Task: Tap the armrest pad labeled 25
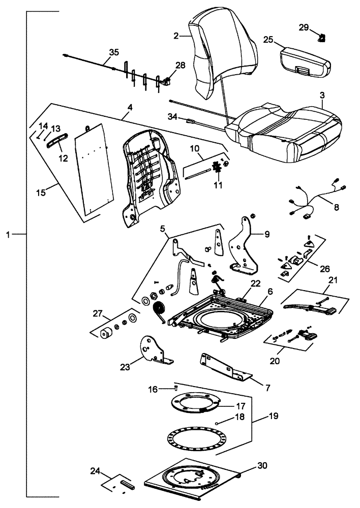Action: pyautogui.click(x=305, y=58)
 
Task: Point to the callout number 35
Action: pyautogui.click(x=113, y=52)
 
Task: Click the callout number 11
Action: pyautogui.click(x=218, y=186)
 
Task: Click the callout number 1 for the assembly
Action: pyautogui.click(x=8, y=234)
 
